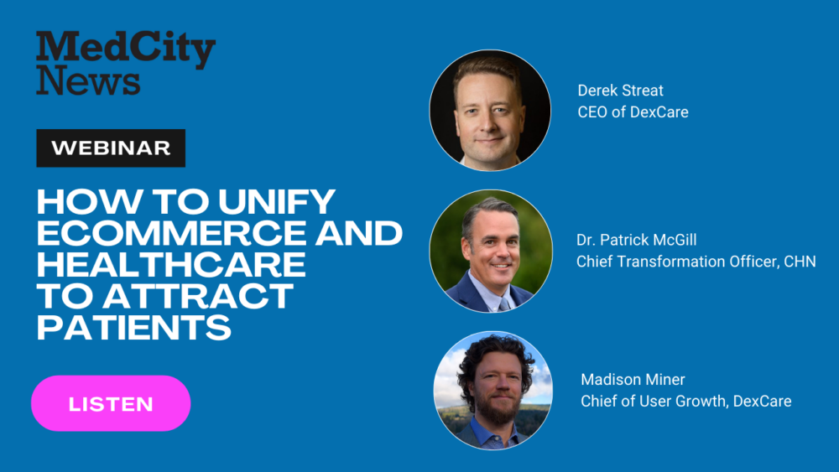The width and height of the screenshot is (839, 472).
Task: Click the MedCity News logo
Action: click(126, 63)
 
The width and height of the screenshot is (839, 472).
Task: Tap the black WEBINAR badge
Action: click(111, 148)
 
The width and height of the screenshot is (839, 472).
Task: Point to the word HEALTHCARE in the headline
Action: click(171, 265)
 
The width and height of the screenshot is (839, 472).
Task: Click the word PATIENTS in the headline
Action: click(133, 327)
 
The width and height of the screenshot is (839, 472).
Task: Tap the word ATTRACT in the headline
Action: click(199, 296)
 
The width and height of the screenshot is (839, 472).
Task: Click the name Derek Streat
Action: click(620, 91)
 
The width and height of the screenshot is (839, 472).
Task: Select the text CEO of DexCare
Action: click(633, 112)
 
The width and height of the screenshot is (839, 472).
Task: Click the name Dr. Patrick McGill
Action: click(636, 240)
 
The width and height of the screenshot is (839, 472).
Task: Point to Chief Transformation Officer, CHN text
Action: click(696, 262)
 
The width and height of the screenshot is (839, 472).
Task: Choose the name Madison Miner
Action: click(633, 380)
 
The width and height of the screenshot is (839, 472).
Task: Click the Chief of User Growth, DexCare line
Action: click(686, 401)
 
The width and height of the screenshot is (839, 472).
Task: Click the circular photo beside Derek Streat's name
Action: click(490, 111)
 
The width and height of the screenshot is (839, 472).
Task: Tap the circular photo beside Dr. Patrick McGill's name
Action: click(491, 252)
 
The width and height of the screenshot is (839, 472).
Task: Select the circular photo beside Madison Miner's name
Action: click(492, 390)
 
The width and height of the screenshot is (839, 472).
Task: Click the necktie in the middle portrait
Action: click(504, 304)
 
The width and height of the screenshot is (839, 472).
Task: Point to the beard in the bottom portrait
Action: click(498, 410)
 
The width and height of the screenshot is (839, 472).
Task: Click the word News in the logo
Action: click(88, 80)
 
